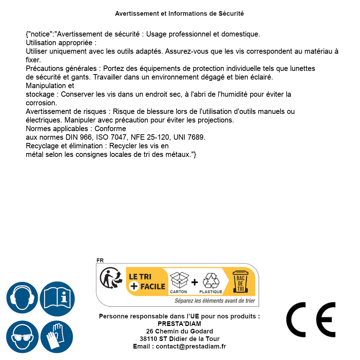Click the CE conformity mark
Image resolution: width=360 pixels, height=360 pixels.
click(x=311, y=320)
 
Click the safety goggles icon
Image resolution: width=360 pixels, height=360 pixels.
click(x=21, y=337)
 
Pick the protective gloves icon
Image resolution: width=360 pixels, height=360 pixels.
click(x=57, y=337)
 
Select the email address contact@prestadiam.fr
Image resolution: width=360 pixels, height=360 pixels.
click(x=191, y=346)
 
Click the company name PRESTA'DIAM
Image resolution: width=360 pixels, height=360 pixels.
click(x=179, y=324)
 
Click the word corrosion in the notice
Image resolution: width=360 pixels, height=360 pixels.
click(x=41, y=103)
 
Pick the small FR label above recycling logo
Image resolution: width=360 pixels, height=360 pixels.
click(x=100, y=260)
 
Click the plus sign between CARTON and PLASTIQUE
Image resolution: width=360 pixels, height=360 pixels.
click(x=195, y=282)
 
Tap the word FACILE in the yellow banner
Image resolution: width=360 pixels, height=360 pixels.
click(x=153, y=286)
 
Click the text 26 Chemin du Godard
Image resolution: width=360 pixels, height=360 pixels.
click(x=179, y=331)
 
